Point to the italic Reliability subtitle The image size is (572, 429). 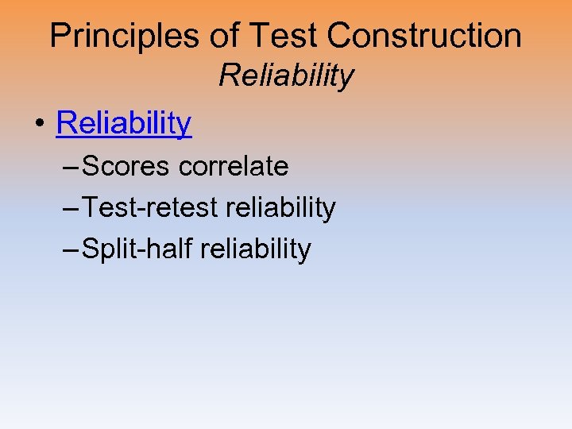pyautogui.click(x=286, y=76)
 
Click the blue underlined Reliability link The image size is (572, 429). pyautogui.click(x=124, y=123)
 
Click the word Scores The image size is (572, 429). pyautogui.click(x=126, y=166)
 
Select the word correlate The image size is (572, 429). pyautogui.click(x=234, y=166)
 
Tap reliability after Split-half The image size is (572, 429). pyautogui.click(x=256, y=249)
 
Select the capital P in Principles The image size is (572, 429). pyautogui.click(x=60, y=36)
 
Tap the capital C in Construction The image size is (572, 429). pyautogui.click(x=338, y=36)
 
